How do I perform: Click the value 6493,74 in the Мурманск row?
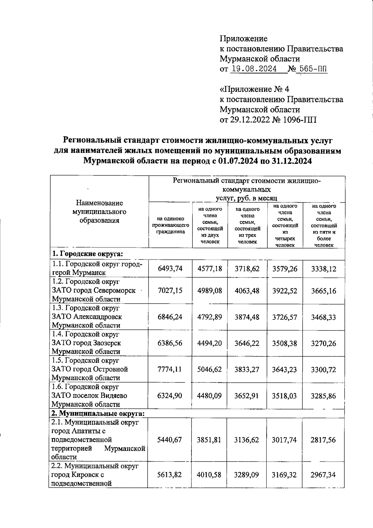pyautogui.click(x=170, y=268)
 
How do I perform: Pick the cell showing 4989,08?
pyautogui.click(x=210, y=290)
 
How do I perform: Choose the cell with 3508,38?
pyautogui.click(x=284, y=343)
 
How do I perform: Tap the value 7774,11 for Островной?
pyautogui.click(x=170, y=369)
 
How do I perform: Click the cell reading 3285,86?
pyautogui.click(x=324, y=396)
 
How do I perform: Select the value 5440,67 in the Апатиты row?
pyautogui.click(x=170, y=440)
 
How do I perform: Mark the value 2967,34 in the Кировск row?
pyautogui.click(x=323, y=475)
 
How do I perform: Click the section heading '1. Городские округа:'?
pyautogui.click(x=88, y=253)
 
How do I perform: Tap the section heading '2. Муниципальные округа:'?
pyautogui.click(x=98, y=414)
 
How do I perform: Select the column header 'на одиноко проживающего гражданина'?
pyautogui.click(x=170, y=225)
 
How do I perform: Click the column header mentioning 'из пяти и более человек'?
pyautogui.click(x=324, y=225)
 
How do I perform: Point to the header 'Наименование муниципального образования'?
pyautogui.click(x=99, y=212)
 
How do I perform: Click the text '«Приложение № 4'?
pyautogui.click(x=254, y=89)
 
